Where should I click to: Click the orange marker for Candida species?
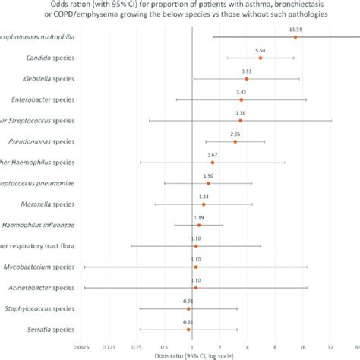coord(261,58)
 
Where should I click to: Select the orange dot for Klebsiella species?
coord(247,79)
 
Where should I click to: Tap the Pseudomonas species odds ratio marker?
coord(235,141)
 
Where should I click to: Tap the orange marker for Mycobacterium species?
coord(196,267)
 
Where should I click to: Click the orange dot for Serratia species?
coord(188,330)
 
